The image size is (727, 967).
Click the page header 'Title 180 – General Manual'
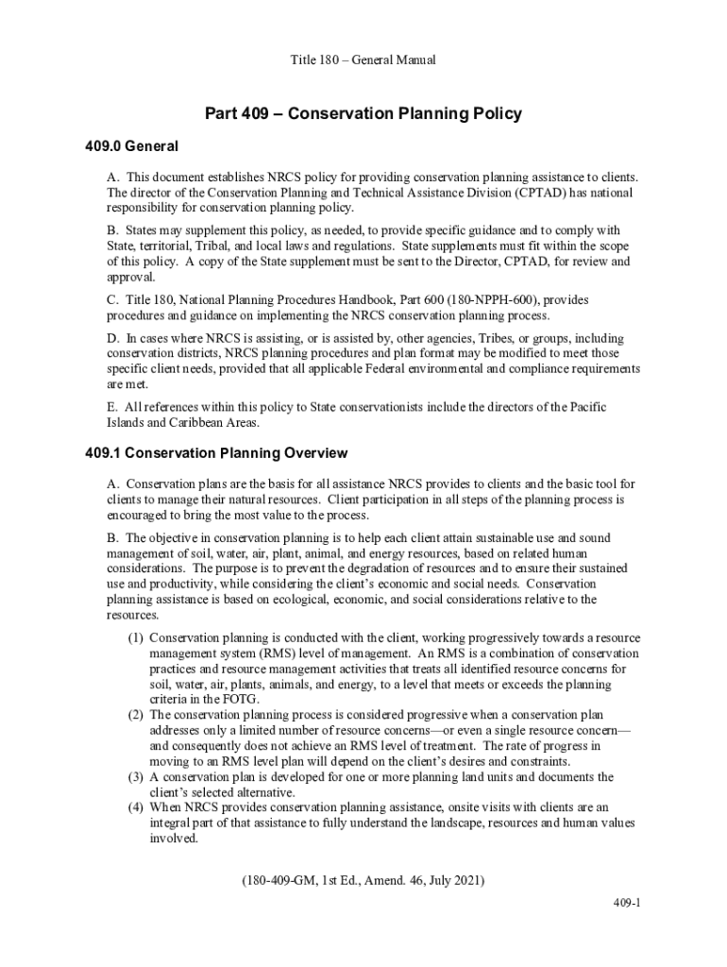(363, 60)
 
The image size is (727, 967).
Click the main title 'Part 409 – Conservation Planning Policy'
(363, 114)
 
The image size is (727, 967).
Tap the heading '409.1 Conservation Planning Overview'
(216, 453)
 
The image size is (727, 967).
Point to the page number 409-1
(625, 903)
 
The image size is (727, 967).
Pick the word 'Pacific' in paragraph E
(586, 407)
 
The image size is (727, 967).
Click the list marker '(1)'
(136, 638)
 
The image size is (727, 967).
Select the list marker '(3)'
(136, 777)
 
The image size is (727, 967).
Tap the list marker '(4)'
(136, 807)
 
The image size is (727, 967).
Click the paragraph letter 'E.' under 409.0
(113, 407)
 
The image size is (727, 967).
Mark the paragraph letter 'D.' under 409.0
(113, 338)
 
